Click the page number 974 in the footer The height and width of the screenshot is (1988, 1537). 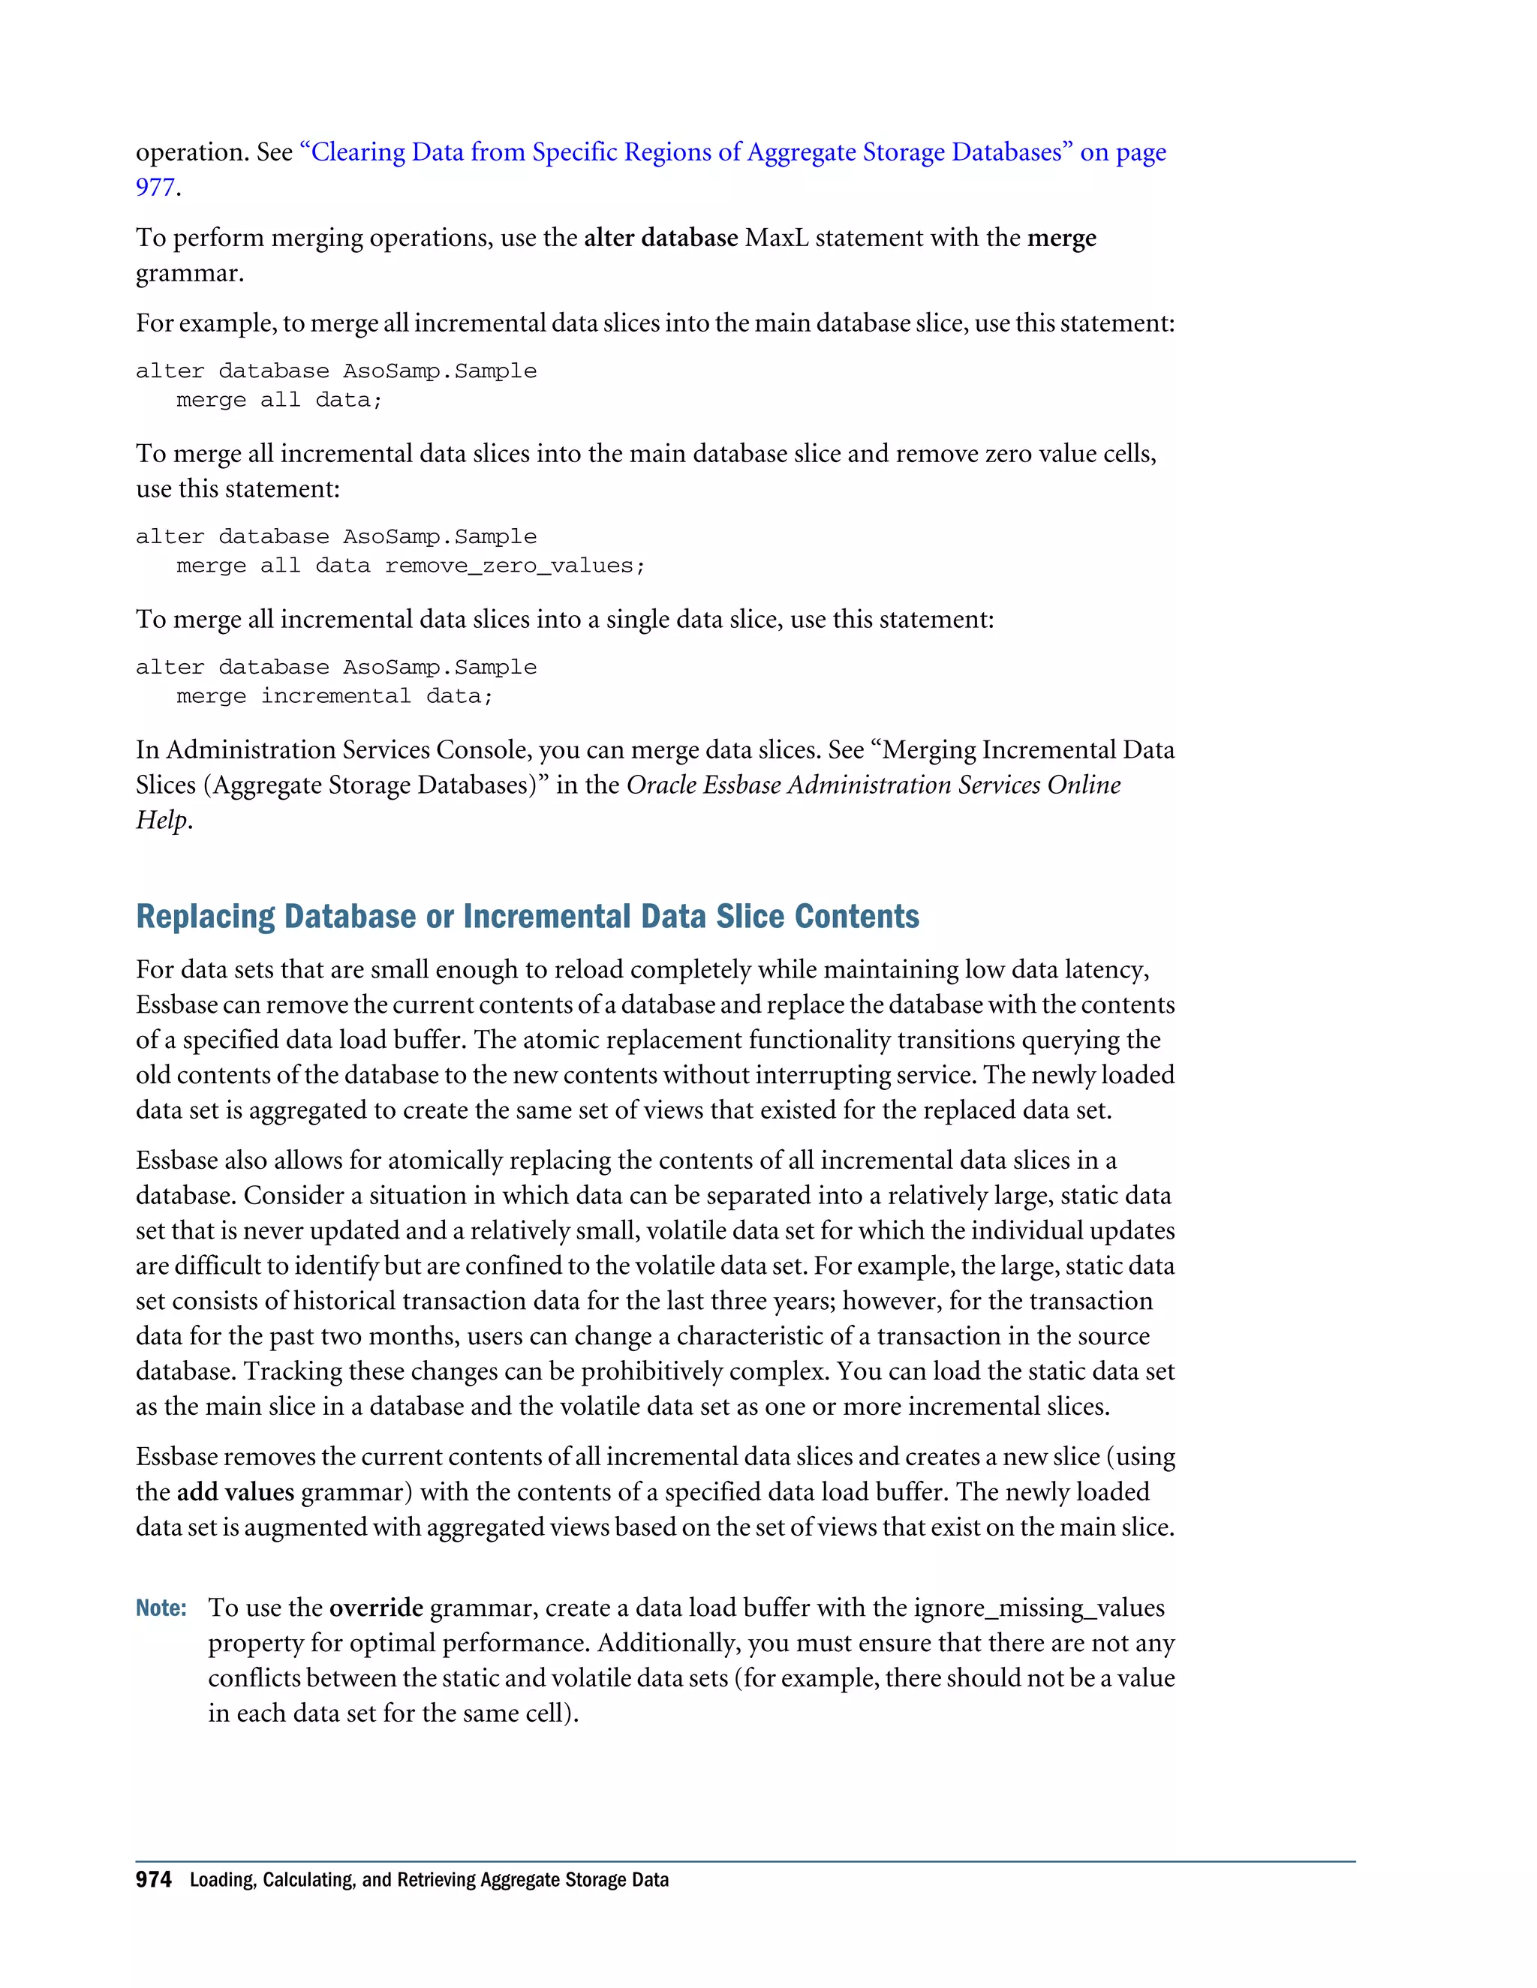pyautogui.click(x=153, y=1880)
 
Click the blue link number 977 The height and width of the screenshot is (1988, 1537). pyautogui.click(x=155, y=188)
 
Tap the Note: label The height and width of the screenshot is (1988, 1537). pyautogui.click(x=161, y=1608)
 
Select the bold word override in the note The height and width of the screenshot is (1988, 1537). pyautogui.click(x=376, y=1608)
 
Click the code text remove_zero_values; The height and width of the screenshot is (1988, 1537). pyautogui.click(x=514, y=566)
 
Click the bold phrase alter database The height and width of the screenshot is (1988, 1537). pyautogui.click(x=660, y=238)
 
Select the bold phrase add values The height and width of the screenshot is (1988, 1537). pyautogui.click(x=235, y=1492)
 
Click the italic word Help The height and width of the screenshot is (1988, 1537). pyautogui.click(x=162, y=820)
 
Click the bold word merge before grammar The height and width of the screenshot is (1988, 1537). pyautogui.click(x=1062, y=238)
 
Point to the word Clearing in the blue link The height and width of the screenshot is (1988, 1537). pyautogui.click(x=358, y=152)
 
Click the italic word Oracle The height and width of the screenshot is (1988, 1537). pyautogui.click(x=661, y=785)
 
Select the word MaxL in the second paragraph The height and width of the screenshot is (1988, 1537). pyautogui.click(x=776, y=238)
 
